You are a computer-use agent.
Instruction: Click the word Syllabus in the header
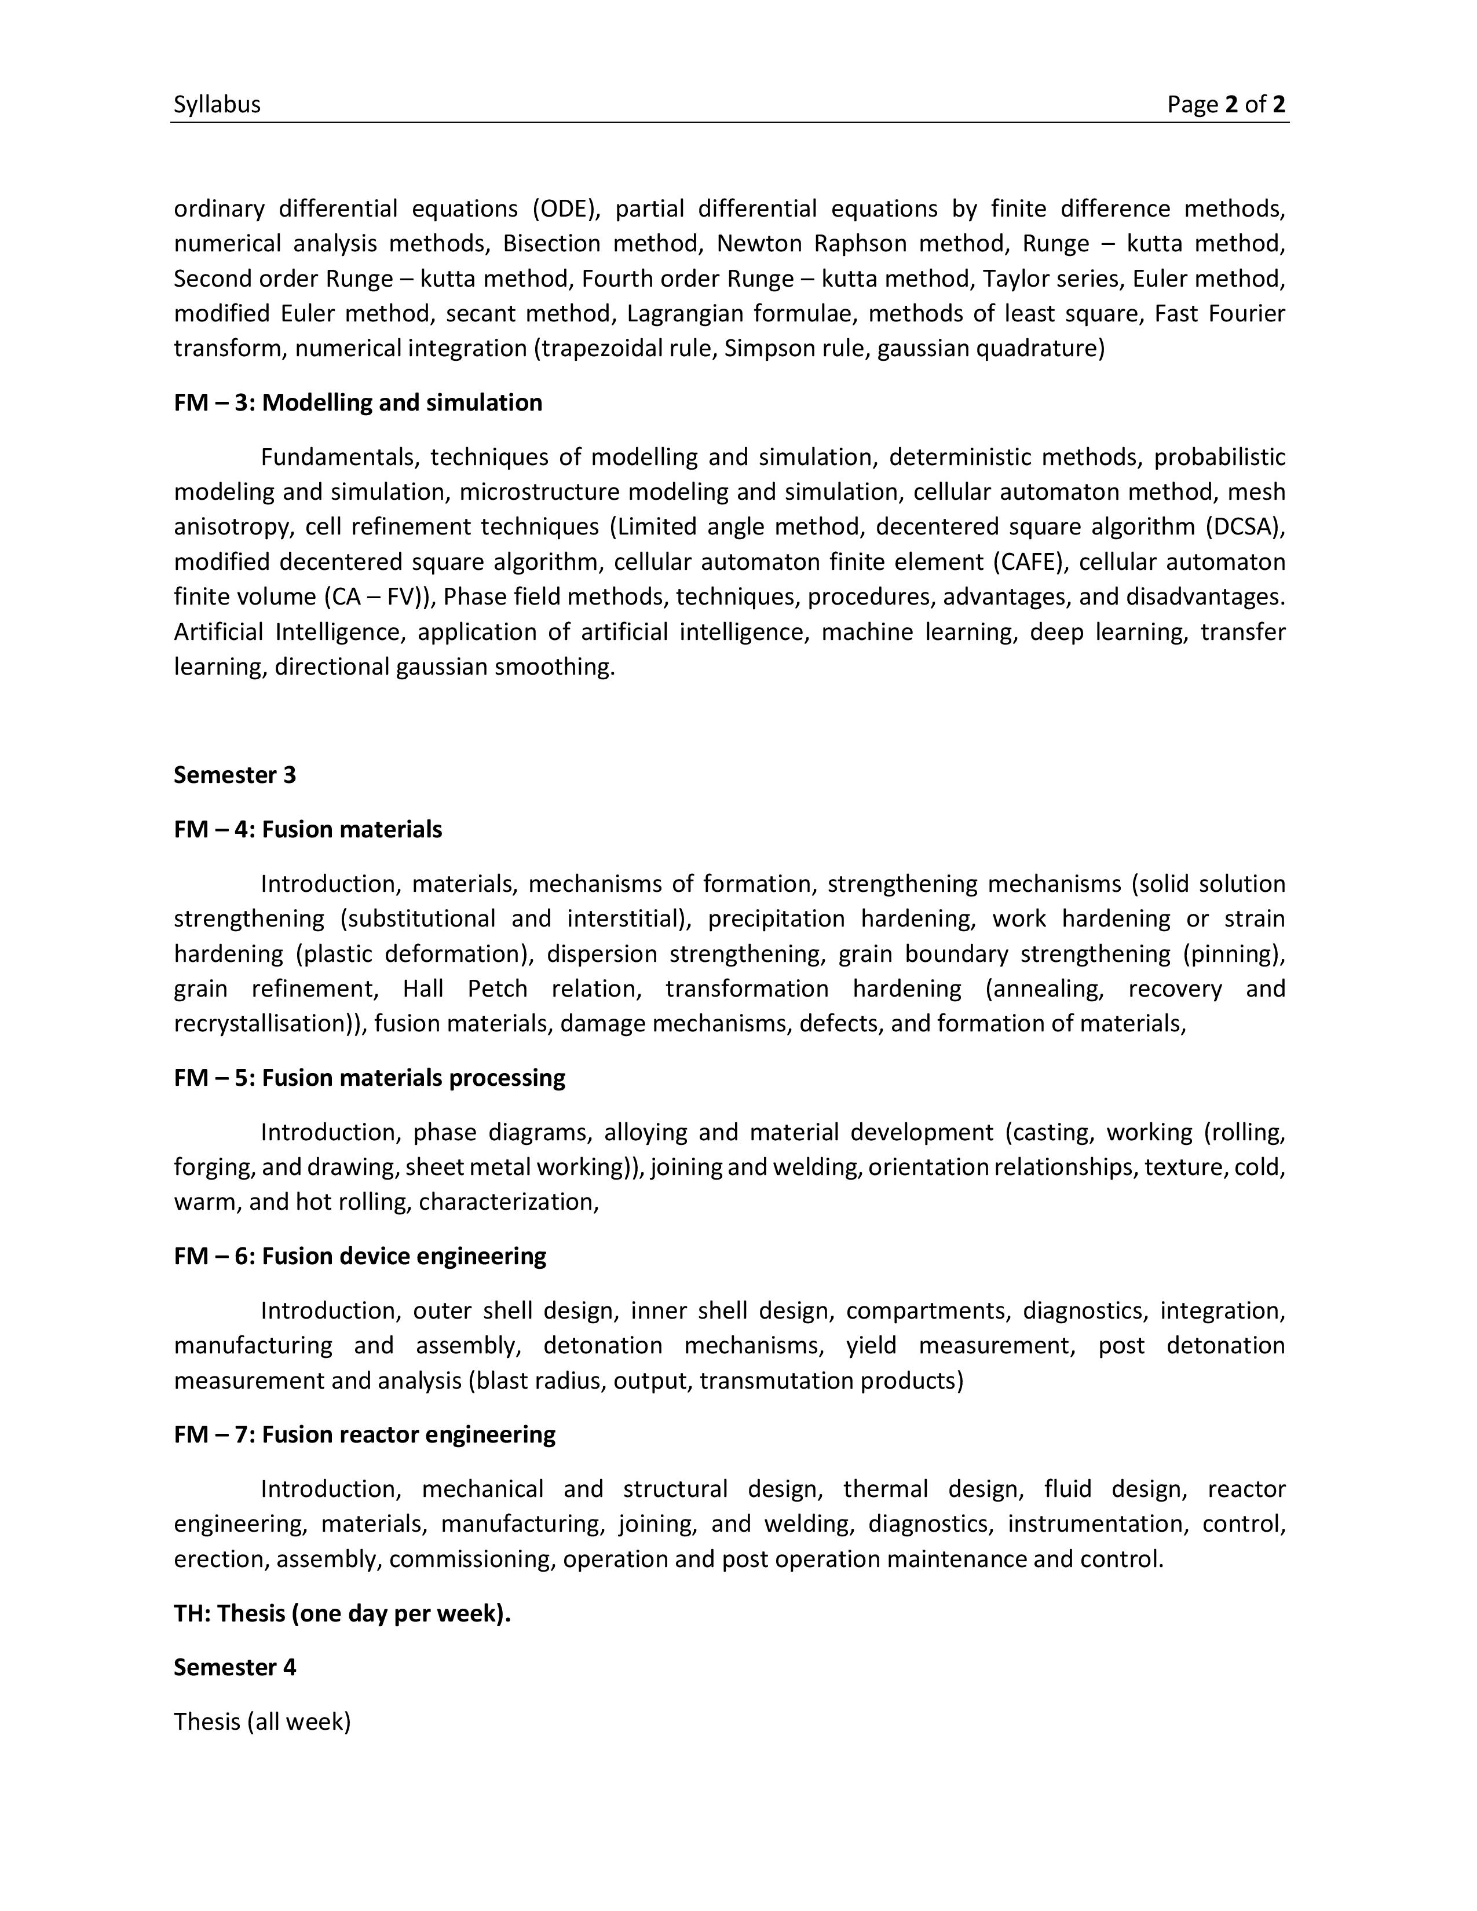click(x=217, y=105)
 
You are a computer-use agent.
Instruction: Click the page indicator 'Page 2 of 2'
click(x=1226, y=105)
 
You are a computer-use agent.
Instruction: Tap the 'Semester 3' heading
click(x=235, y=775)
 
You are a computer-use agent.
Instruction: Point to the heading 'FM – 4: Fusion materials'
click(x=308, y=829)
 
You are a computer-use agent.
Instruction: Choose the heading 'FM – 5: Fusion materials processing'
click(x=370, y=1078)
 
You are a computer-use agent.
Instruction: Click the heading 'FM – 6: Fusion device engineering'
click(x=360, y=1257)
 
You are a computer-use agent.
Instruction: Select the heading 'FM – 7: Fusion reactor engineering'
click(x=365, y=1435)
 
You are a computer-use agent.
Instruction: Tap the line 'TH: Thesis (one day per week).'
click(x=342, y=1613)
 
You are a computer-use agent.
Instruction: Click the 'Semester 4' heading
click(x=235, y=1668)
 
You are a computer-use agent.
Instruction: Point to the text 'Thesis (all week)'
click(x=262, y=1722)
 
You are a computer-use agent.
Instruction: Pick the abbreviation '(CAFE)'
click(x=1030, y=562)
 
